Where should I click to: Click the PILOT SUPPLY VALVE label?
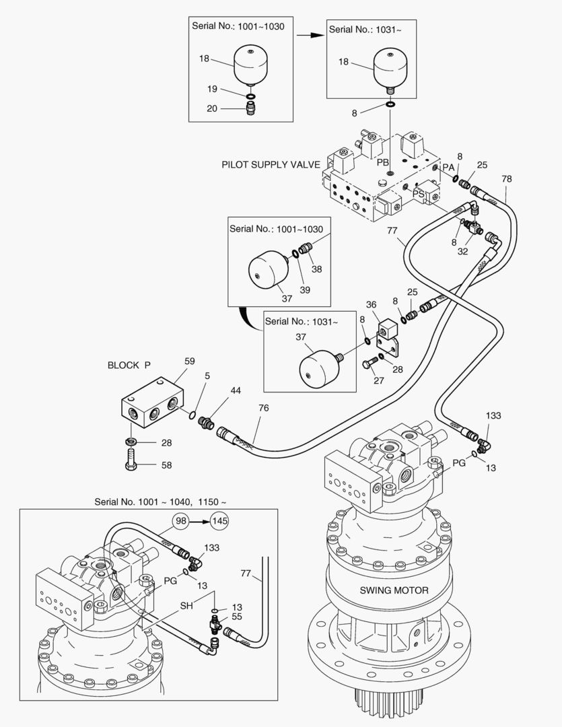click(271, 164)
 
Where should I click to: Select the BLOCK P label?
click(129, 366)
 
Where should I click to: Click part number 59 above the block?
click(190, 361)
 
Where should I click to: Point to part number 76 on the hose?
click(262, 408)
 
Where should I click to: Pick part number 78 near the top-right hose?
click(507, 178)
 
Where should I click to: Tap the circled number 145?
click(219, 520)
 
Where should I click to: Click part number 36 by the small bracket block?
click(371, 306)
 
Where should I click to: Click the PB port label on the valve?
click(382, 163)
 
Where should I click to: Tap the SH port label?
click(186, 606)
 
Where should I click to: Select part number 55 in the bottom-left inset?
click(237, 616)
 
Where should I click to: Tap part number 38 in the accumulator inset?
click(316, 269)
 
